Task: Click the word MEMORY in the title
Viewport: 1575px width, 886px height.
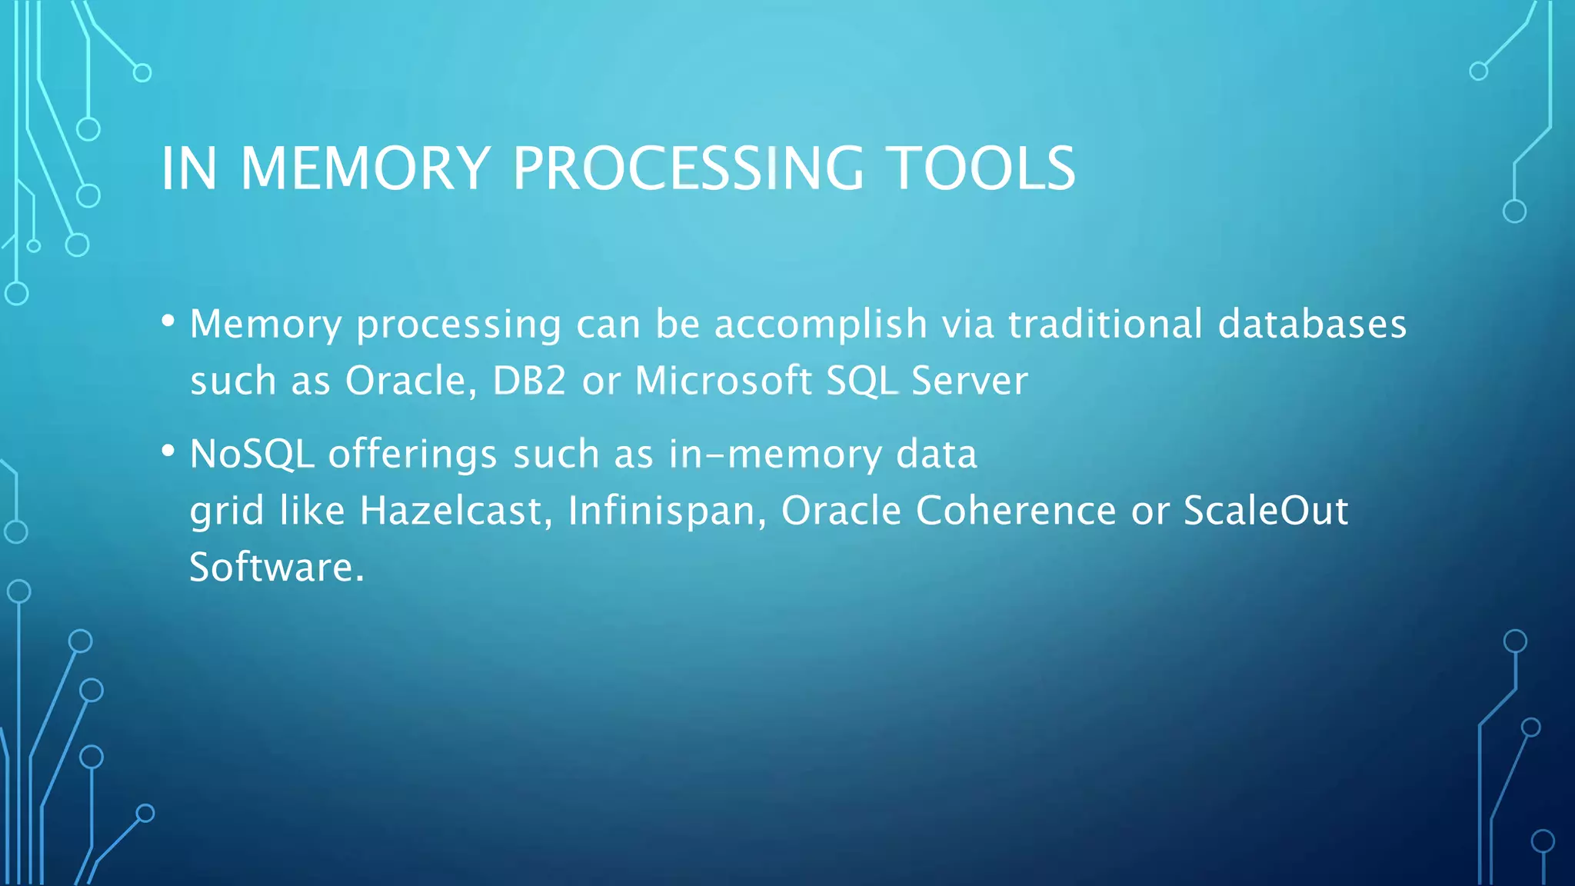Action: [365, 168]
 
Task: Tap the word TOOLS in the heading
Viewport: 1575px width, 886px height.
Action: [981, 168]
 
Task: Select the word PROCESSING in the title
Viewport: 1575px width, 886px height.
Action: [688, 168]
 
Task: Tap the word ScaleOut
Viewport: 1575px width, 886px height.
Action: [1265, 511]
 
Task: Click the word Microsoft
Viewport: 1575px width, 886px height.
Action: [723, 381]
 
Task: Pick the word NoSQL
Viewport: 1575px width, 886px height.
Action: [252, 454]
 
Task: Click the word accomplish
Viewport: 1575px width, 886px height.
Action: [821, 324]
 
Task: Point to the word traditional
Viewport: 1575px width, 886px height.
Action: [1105, 324]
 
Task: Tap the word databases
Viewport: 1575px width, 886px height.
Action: [1312, 324]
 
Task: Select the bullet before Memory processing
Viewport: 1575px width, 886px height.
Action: [168, 321]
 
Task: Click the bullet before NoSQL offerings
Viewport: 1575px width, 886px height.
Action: [168, 451]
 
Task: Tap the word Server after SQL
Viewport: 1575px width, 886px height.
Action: [969, 381]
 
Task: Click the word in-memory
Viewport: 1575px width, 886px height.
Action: [775, 454]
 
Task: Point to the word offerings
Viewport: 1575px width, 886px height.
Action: [412, 454]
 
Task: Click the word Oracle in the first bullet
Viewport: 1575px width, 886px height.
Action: [405, 381]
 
